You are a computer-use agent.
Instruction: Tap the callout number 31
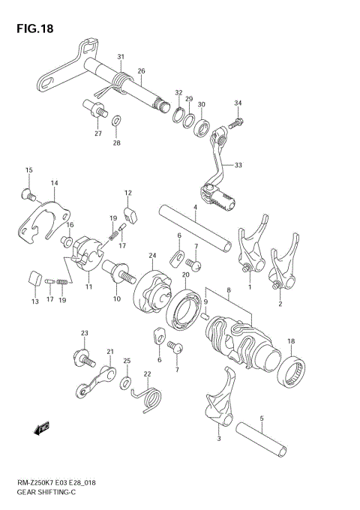point(120,58)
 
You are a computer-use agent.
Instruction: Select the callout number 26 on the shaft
point(140,71)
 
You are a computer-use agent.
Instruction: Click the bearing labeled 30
point(202,125)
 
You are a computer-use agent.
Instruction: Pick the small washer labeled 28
point(116,121)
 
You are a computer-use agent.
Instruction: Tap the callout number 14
point(54,183)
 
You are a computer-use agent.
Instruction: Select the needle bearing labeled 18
point(292,368)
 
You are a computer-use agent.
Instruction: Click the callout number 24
point(151,255)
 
